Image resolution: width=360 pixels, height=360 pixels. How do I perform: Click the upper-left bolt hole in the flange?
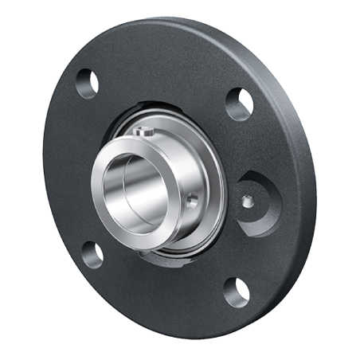[x=88, y=83]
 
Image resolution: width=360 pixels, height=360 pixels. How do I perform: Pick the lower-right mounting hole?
[x=236, y=292]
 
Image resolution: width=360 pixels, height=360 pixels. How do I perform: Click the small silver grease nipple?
[x=248, y=202]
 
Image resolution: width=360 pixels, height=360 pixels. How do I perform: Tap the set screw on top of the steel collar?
[x=143, y=131]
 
